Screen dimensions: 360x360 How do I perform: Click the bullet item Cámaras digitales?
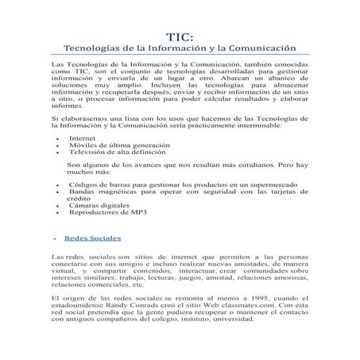pyautogui.click(x=99, y=206)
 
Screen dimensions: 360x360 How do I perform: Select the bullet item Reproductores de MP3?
pyautogui.click(x=108, y=213)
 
